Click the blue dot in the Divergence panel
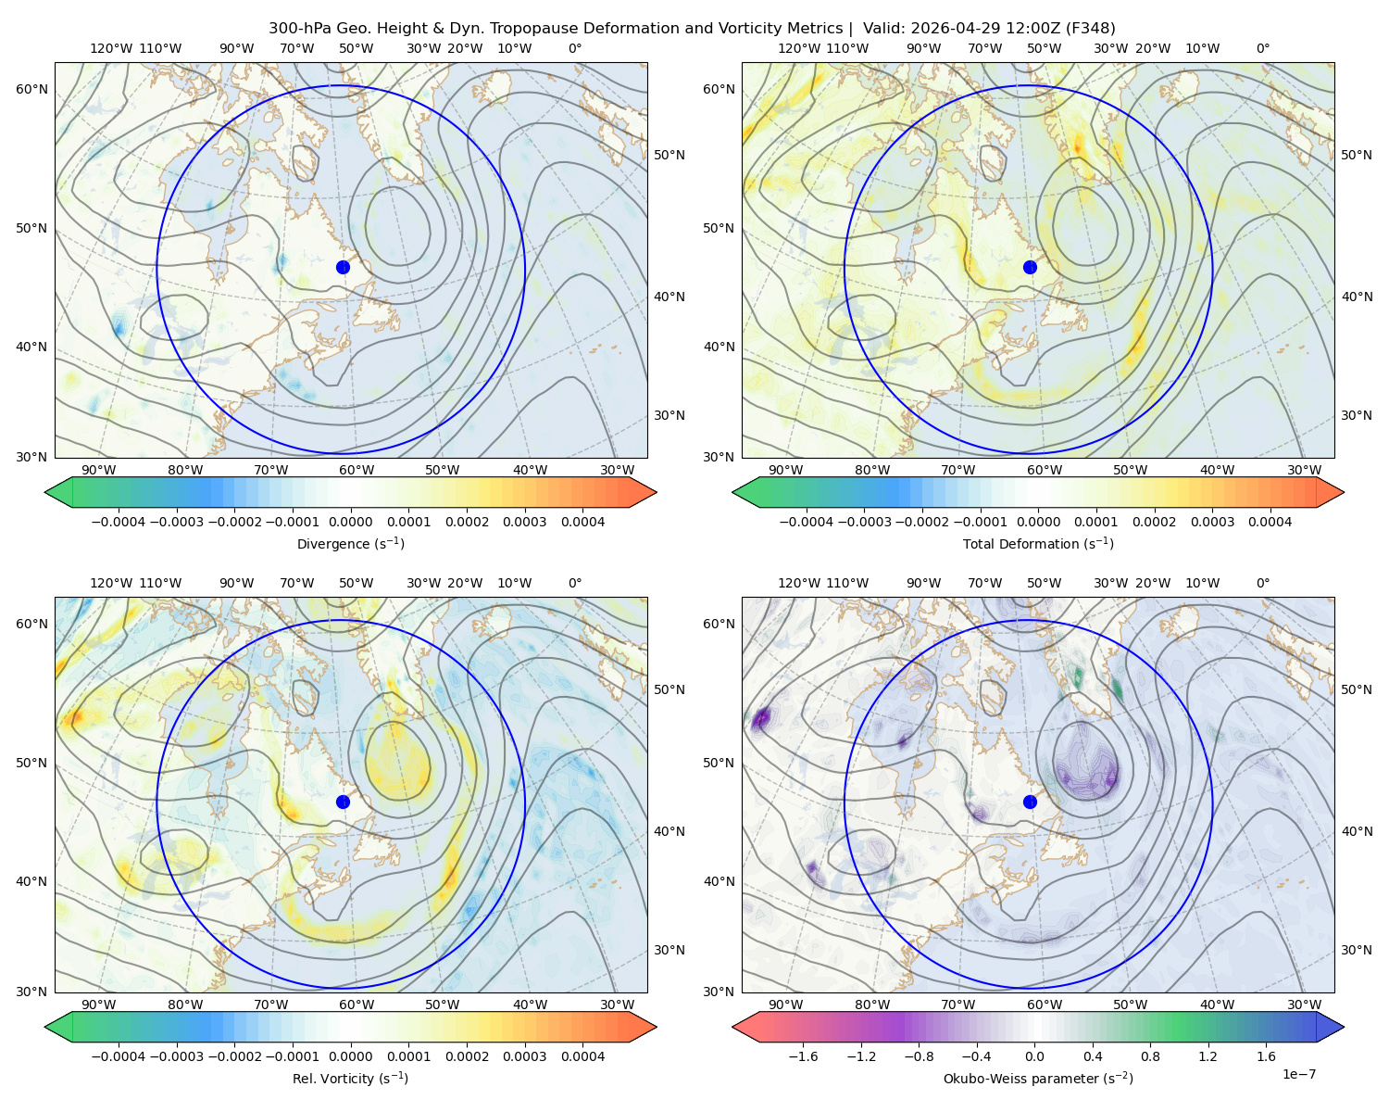(x=343, y=267)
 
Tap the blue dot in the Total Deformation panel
(x=1030, y=267)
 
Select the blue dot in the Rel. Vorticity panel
(x=343, y=802)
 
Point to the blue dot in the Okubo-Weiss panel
(x=1030, y=802)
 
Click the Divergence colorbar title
(x=350, y=543)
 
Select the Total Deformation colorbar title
(x=1038, y=543)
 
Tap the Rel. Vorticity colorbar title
(x=350, y=1078)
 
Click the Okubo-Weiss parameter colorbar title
(x=1038, y=1078)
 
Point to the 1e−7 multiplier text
(x=1298, y=1074)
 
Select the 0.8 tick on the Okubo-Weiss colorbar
(x=1150, y=1056)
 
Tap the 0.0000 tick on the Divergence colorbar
(x=350, y=522)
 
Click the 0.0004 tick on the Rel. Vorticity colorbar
(x=582, y=1056)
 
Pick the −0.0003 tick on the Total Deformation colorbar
(x=864, y=522)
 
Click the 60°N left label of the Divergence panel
(x=31, y=89)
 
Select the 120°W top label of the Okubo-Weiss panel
(x=798, y=583)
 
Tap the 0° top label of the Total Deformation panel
(x=1262, y=48)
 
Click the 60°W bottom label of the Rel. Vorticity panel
(x=357, y=1005)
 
